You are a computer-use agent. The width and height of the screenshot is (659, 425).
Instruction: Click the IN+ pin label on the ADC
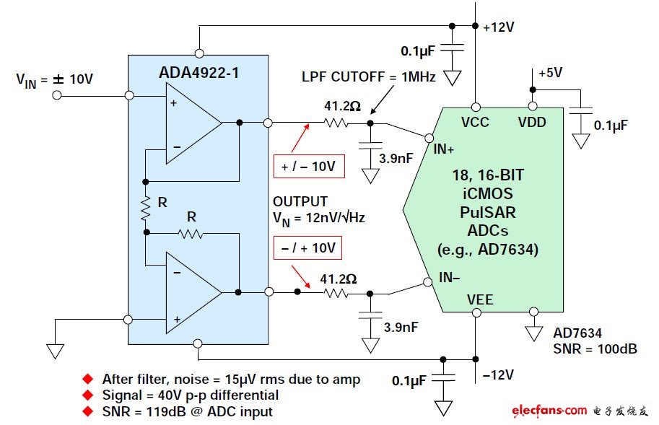(443, 149)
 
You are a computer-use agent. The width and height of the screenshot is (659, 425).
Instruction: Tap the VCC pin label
(476, 122)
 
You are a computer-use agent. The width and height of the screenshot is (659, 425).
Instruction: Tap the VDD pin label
(532, 122)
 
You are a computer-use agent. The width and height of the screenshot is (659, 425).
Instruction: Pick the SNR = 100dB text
(595, 349)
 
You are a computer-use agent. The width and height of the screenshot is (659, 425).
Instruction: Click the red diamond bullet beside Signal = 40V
(88, 395)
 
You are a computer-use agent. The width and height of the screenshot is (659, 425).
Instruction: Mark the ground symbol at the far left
(55, 351)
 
